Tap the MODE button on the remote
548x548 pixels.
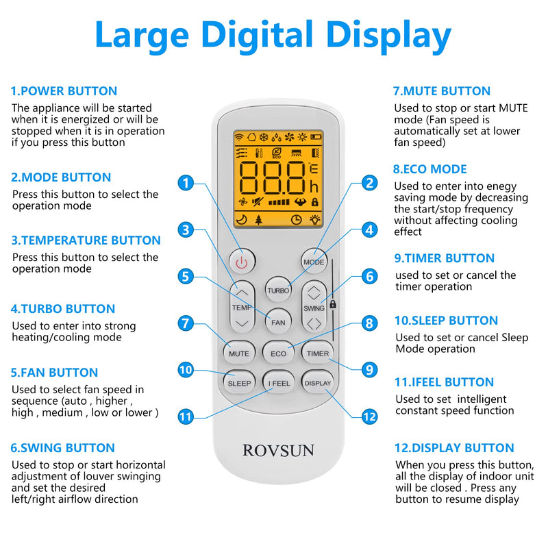click(x=314, y=261)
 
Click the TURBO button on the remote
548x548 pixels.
click(x=278, y=290)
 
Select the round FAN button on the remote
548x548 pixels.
click(x=277, y=321)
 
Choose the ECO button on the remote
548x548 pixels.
click(x=278, y=353)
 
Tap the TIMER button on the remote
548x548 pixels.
click(x=317, y=353)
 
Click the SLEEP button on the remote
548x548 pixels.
click(x=239, y=382)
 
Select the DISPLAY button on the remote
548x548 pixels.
click(x=317, y=382)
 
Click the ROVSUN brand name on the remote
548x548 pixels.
click(x=278, y=450)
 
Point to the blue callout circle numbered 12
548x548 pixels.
click(x=370, y=416)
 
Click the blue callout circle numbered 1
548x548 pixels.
click(x=186, y=183)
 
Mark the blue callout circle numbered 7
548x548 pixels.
click(x=186, y=323)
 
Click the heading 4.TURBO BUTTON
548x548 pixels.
click(x=63, y=309)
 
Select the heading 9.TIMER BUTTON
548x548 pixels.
click(x=444, y=258)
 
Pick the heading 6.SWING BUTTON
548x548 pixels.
click(x=63, y=448)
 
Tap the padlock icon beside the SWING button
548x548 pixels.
click(x=333, y=303)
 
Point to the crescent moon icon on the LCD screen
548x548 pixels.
click(x=241, y=219)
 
